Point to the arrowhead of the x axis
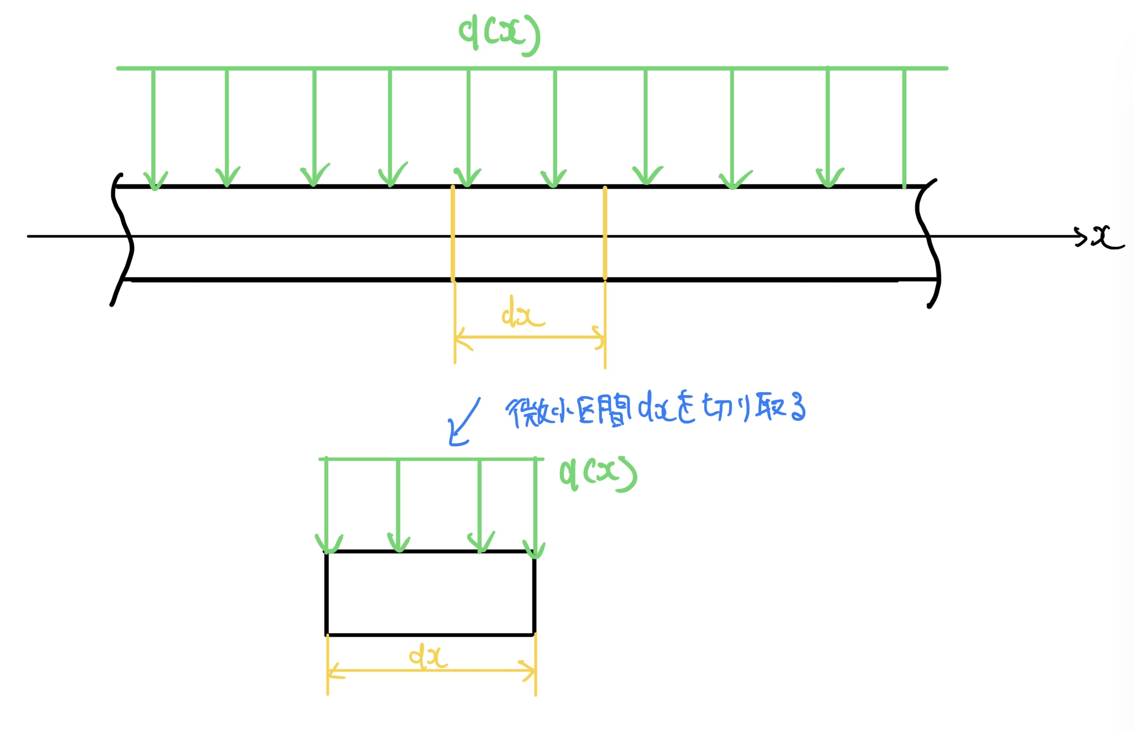point(1080,237)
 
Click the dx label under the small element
point(428,656)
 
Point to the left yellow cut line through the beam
point(453,234)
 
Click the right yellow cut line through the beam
point(605,234)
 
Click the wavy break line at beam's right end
point(928,244)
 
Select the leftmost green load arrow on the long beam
point(154,129)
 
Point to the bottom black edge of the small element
point(430,635)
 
